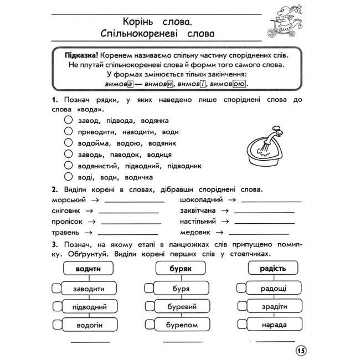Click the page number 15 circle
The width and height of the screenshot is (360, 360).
301,351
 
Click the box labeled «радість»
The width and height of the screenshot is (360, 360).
271,269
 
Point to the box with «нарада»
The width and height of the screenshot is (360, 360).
271,326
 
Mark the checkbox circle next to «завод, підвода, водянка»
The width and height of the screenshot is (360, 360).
68,120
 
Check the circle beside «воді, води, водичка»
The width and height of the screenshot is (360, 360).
68,177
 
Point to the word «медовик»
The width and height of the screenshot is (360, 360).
196,233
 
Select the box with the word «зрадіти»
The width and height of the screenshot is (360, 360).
271,307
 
